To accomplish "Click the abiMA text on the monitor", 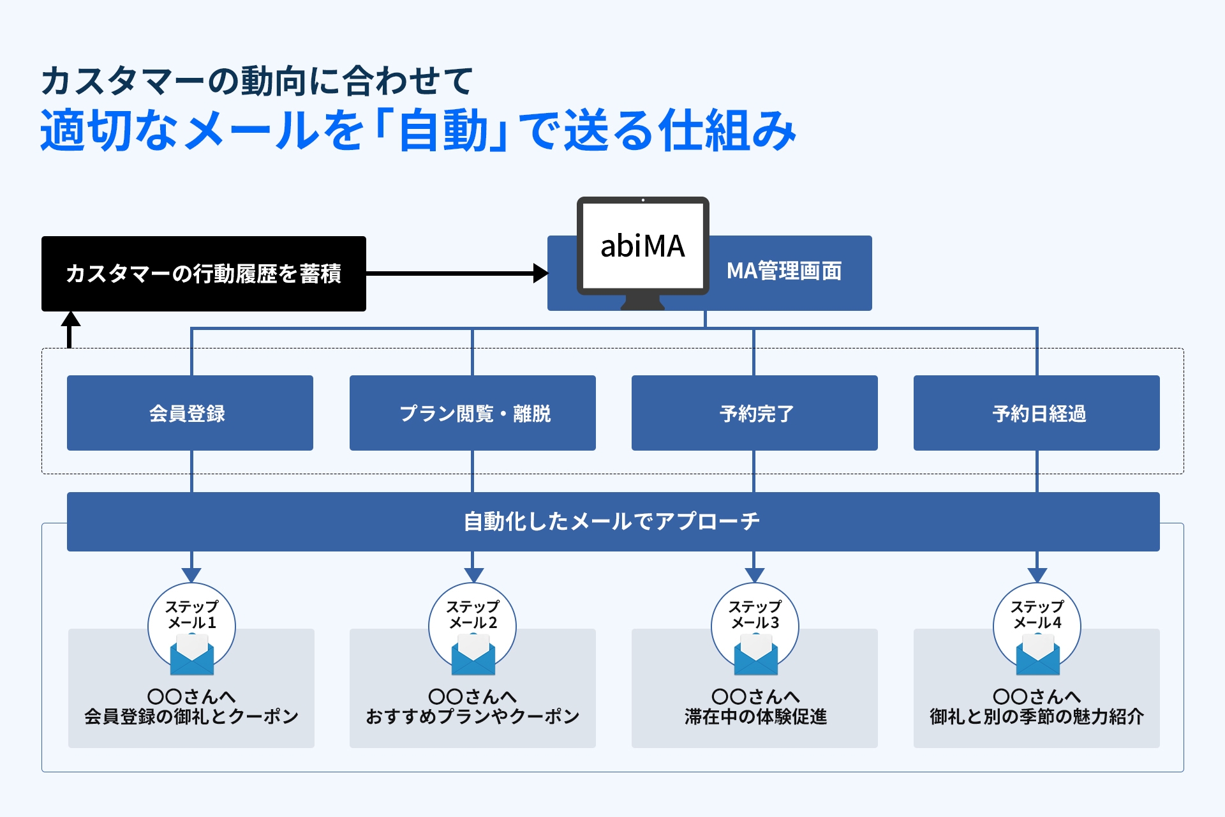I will tap(642, 246).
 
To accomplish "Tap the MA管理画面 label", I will tap(784, 271).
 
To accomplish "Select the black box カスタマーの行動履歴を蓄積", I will tap(204, 274).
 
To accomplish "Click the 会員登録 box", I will tap(189, 413).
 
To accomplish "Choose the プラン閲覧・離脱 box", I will tap(472, 413).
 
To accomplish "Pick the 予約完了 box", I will tap(754, 413).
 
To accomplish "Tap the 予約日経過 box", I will tap(1036, 413).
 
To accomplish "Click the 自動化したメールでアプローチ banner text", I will tap(612, 521).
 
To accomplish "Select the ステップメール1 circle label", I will tap(191, 614).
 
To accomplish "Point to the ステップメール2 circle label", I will tap(473, 614).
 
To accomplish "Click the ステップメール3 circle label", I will tap(755, 614).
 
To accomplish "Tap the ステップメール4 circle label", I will tap(1037, 614).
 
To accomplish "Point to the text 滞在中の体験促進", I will tap(755, 717).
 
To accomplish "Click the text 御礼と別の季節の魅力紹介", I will tap(1036, 717).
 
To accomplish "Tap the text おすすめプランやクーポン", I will tap(472, 717).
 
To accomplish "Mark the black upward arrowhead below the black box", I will tap(70, 319).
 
